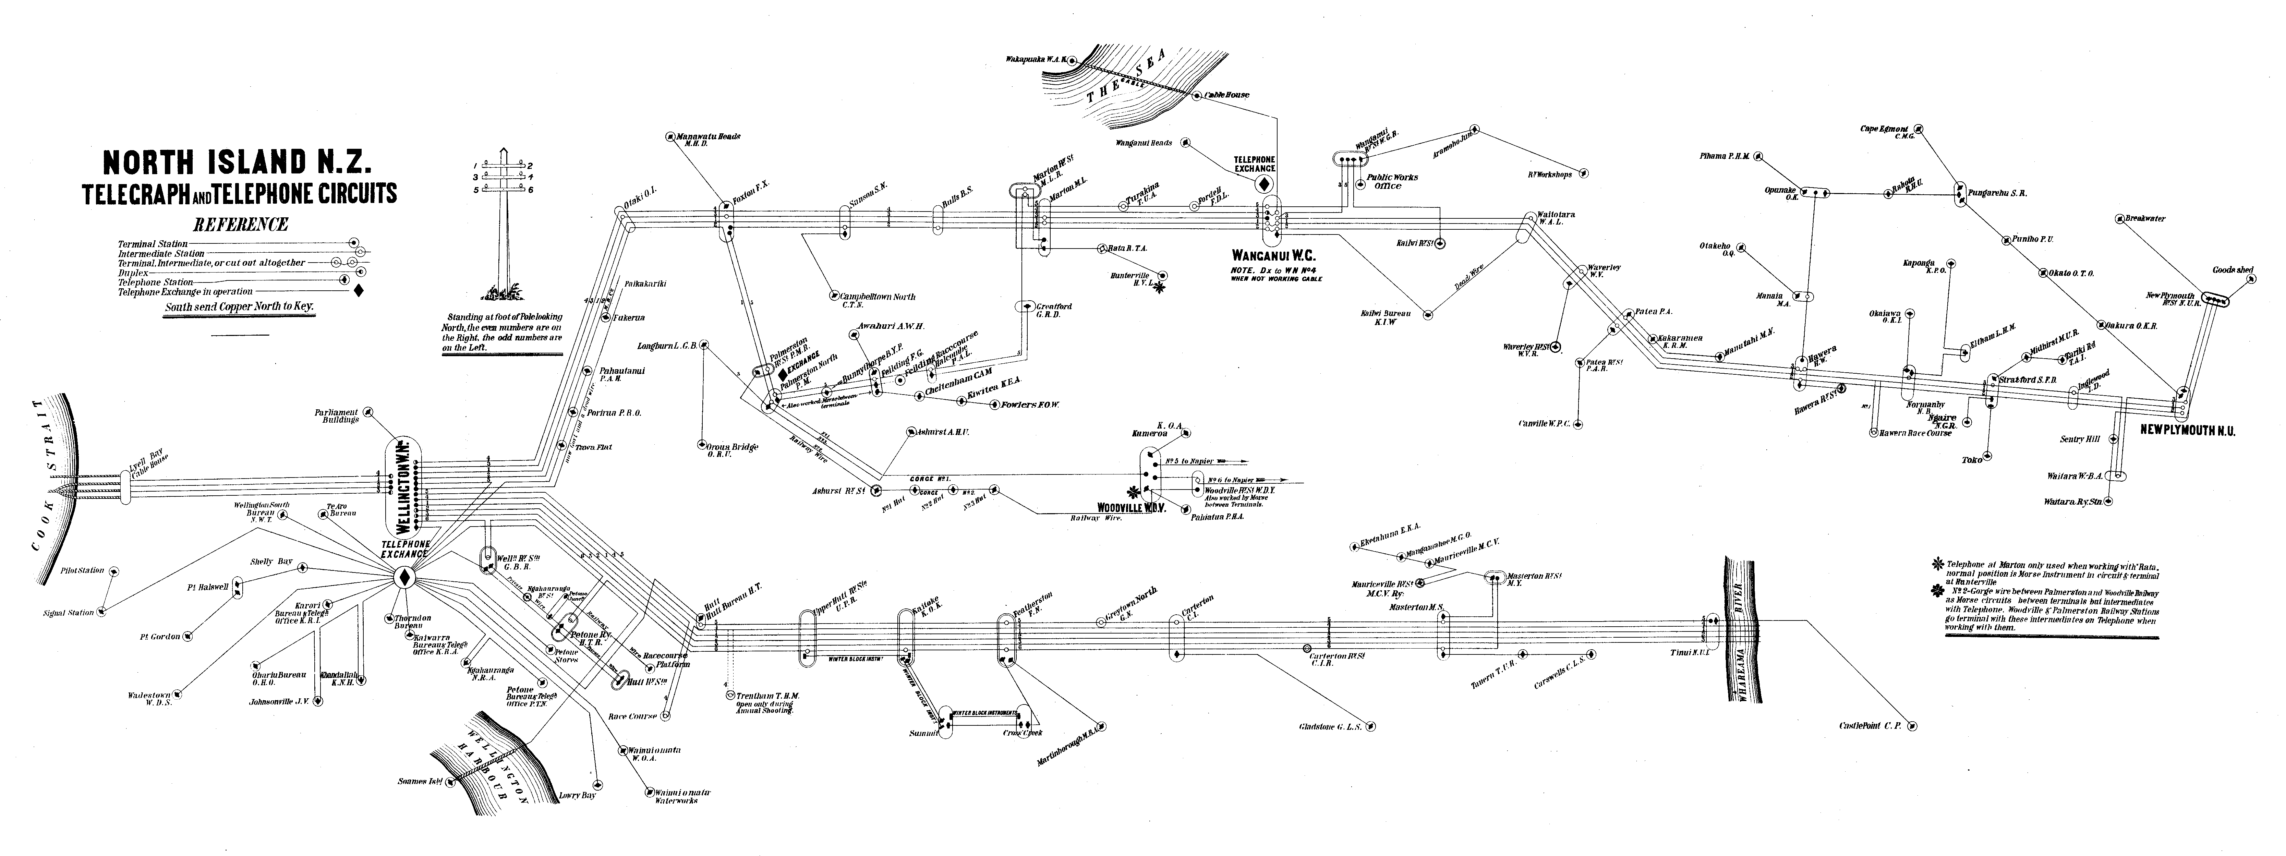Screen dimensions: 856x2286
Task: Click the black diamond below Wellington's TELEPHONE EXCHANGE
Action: coord(405,578)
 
